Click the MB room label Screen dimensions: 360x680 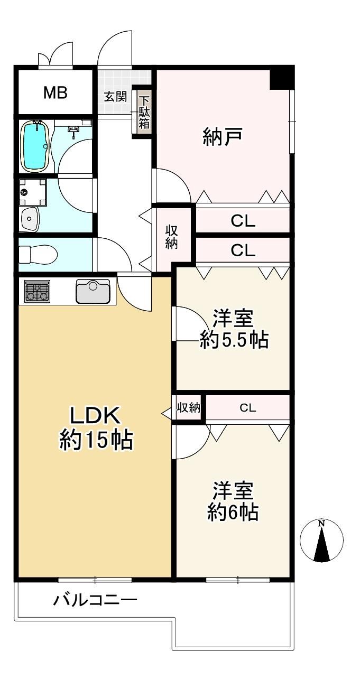point(56,92)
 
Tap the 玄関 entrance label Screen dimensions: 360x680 point(115,97)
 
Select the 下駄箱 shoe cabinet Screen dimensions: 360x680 point(144,112)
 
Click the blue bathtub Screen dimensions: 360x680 point(35,145)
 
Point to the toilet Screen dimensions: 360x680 point(38,254)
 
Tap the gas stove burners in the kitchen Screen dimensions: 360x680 point(37,292)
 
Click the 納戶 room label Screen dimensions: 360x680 point(223,137)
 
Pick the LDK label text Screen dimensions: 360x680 point(95,416)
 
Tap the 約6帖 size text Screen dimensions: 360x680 point(233,513)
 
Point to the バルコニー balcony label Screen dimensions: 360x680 point(95,600)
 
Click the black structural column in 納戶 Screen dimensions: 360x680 point(282,78)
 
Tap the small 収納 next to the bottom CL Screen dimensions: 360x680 point(189,408)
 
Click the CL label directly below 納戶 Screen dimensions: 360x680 point(243,221)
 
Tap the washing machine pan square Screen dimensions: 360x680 point(32,192)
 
